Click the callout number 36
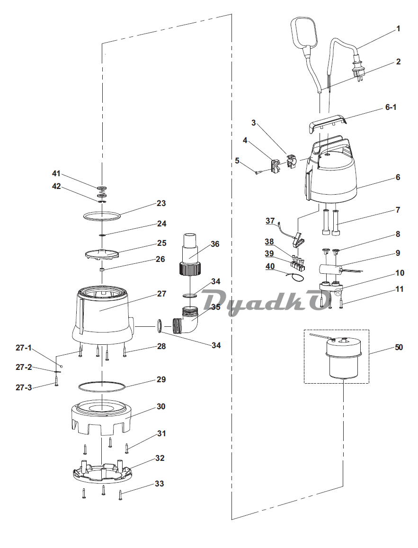click(215, 244)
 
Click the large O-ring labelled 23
click(102, 216)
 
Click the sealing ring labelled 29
click(101, 386)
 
